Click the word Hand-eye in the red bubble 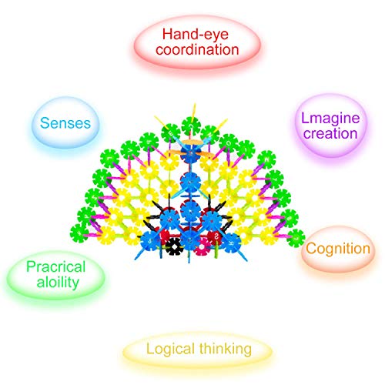point(196,35)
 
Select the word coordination point(197,49)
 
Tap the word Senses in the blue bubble point(65,123)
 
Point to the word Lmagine point(330,119)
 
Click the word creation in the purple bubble point(330,134)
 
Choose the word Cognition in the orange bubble point(338,249)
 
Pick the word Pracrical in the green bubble point(56,266)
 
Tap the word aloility point(58,283)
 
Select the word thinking point(226,350)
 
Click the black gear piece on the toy point(175,246)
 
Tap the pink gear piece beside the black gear point(203,247)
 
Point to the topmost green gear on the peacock point(191,126)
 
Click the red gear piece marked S point(215,237)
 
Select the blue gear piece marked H point(232,243)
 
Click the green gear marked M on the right point(266,159)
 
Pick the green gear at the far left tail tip point(79,233)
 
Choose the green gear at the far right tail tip point(296,238)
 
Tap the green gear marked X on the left point(102,179)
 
